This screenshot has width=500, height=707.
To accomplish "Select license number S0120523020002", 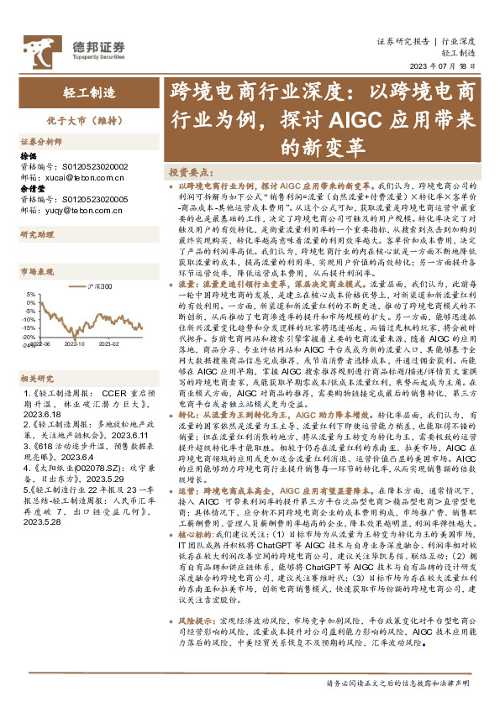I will pos(93,168).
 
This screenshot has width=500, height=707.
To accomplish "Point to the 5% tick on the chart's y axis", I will pos(30,295).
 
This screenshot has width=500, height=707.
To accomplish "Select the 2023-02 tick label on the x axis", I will pos(111,343).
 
